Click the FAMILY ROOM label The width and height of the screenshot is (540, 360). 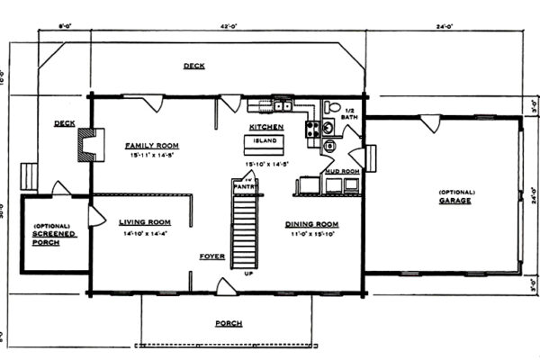[x=151, y=145]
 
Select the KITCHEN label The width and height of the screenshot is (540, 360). [x=265, y=127]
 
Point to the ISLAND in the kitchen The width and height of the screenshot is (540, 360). [x=265, y=143]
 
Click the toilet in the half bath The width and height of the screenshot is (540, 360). [x=331, y=107]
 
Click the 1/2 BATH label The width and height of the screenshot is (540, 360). [x=349, y=112]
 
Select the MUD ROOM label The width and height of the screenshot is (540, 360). [x=342, y=170]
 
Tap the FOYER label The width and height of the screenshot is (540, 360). [x=211, y=256]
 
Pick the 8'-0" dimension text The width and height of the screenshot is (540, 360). [x=64, y=26]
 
